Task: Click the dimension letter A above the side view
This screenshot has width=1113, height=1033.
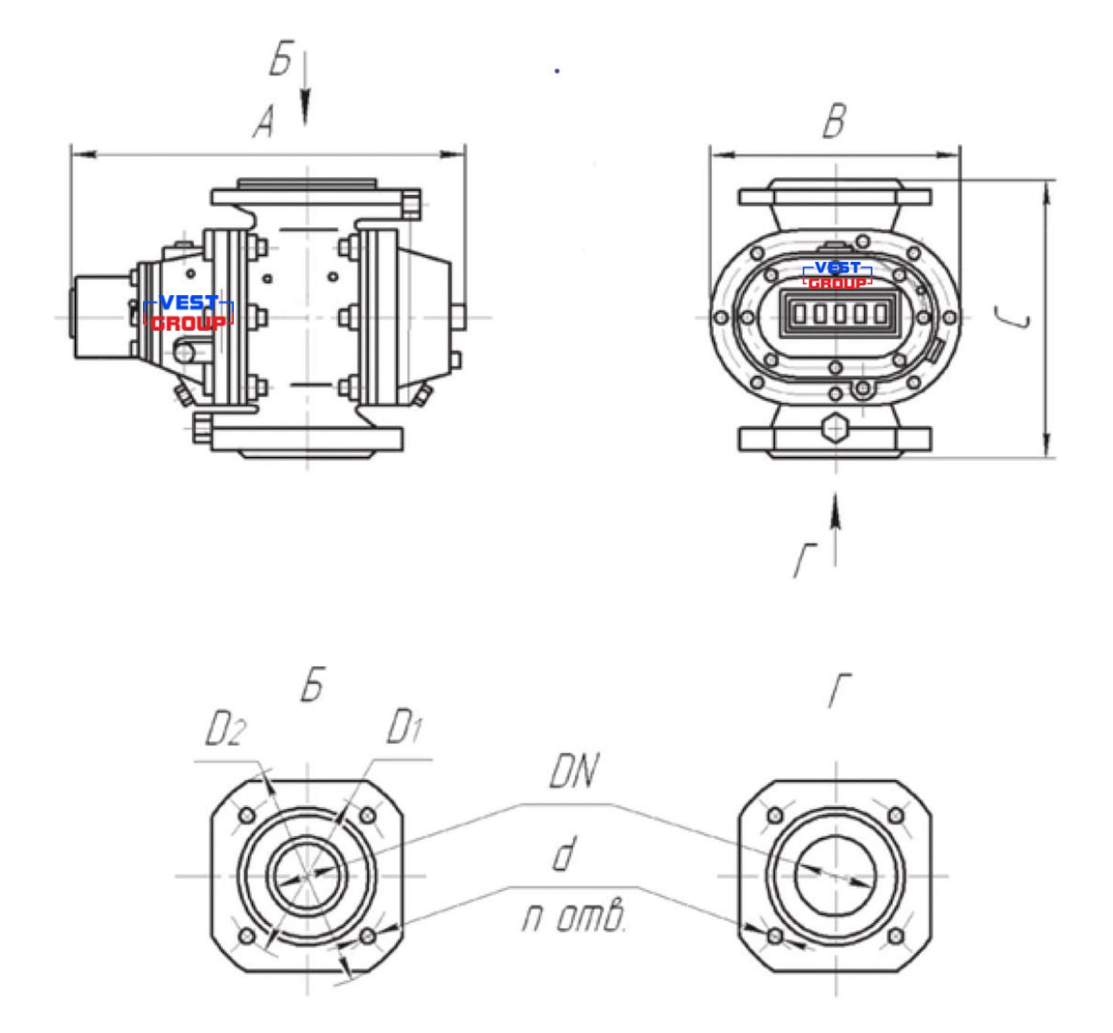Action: point(264,123)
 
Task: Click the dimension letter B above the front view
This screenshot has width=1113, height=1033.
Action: point(835,120)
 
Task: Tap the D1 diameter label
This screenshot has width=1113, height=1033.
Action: point(404,728)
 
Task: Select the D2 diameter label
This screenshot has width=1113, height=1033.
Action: point(225,730)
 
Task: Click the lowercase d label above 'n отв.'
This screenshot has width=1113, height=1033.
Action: point(565,854)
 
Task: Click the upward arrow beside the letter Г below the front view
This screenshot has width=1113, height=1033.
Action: point(835,530)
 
